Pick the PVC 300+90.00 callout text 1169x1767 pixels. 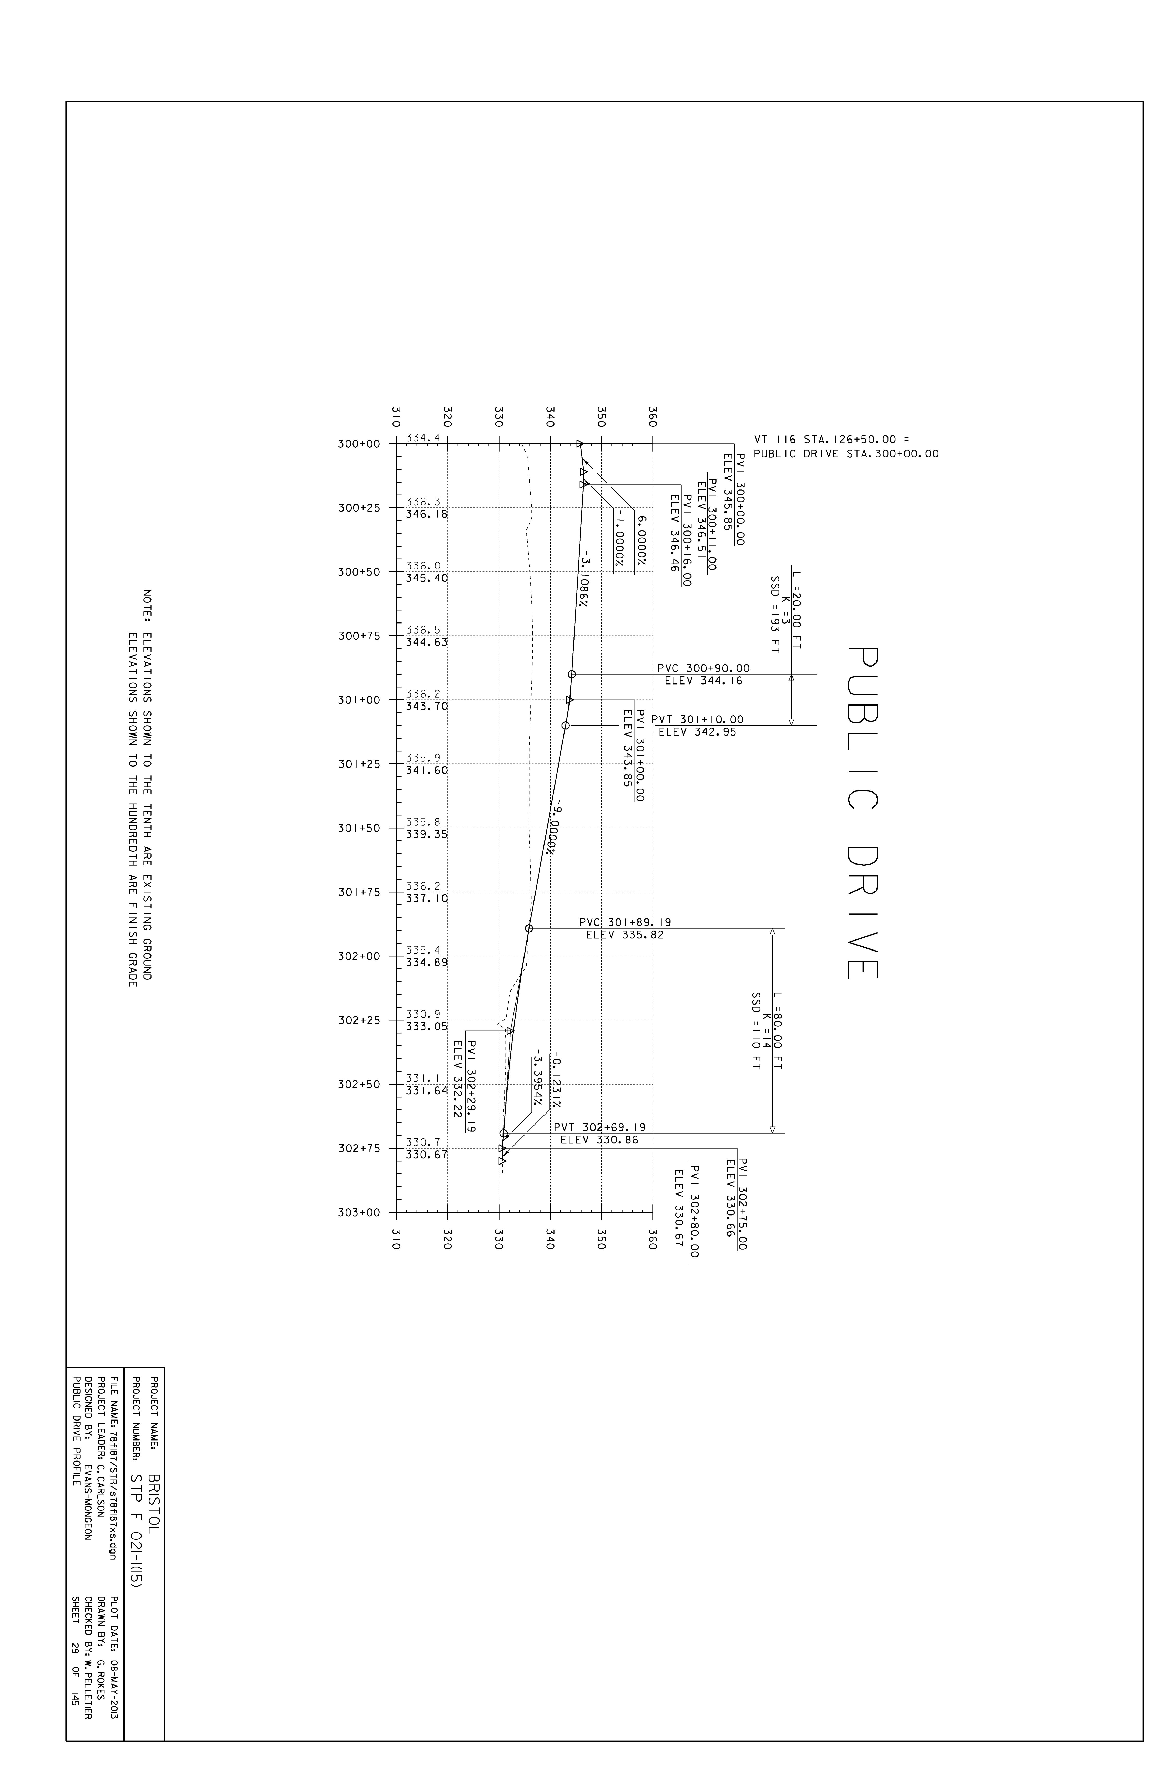(704, 669)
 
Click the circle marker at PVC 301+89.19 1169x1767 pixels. (529, 928)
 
